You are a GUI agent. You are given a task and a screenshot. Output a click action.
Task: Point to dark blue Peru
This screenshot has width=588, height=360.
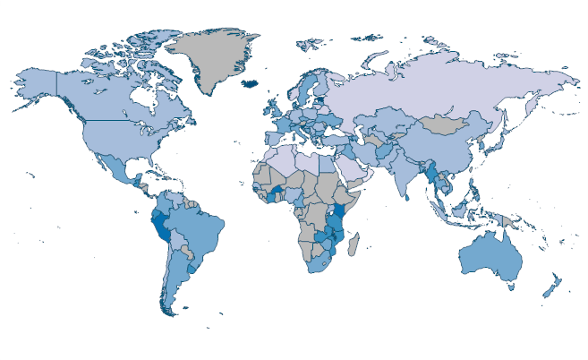pyautogui.click(x=162, y=225)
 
